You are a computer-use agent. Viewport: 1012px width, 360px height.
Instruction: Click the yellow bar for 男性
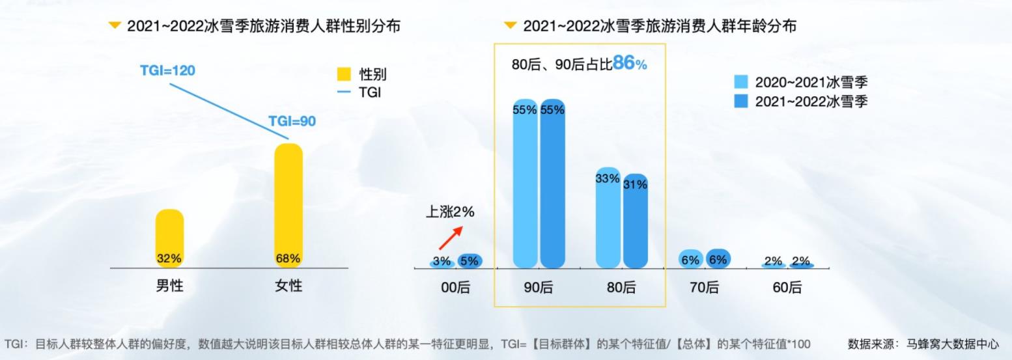(x=169, y=238)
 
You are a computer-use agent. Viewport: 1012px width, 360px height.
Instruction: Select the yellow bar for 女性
(x=288, y=205)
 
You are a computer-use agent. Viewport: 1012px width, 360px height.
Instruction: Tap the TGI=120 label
(x=167, y=70)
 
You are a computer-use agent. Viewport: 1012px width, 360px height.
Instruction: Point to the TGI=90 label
(x=292, y=121)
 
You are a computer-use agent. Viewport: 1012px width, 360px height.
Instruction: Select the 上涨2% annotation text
(x=450, y=212)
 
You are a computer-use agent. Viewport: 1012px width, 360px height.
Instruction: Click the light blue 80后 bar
(x=608, y=218)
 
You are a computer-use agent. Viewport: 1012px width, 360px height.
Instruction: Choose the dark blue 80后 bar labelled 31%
(x=635, y=221)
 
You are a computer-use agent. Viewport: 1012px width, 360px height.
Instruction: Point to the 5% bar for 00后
(x=469, y=260)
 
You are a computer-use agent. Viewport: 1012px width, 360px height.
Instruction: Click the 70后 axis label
(x=703, y=287)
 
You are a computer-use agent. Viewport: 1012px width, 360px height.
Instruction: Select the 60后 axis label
(x=787, y=287)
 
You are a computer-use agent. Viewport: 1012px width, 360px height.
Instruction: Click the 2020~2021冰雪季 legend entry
(x=801, y=82)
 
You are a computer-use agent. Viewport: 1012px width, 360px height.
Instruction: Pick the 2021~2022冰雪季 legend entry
(x=801, y=102)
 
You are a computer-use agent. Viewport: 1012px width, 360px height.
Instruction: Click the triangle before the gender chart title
(x=115, y=25)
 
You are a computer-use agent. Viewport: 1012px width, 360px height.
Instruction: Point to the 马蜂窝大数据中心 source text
(x=952, y=344)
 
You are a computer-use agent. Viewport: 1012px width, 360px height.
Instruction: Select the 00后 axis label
(x=455, y=287)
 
